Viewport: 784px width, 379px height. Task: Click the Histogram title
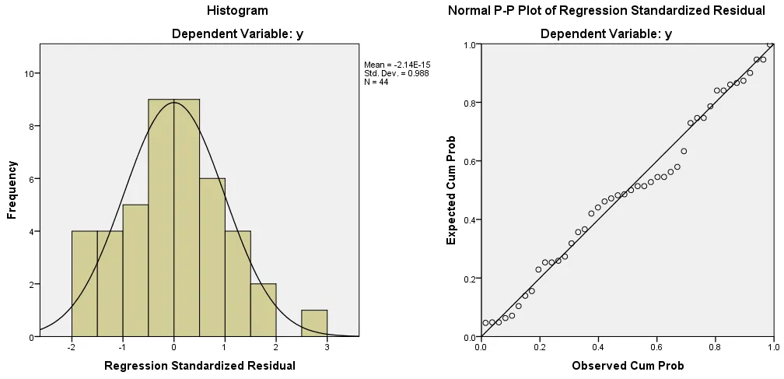click(x=237, y=11)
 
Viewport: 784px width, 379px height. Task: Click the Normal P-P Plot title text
click(x=606, y=11)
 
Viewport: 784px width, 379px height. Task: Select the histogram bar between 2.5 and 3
click(x=313, y=324)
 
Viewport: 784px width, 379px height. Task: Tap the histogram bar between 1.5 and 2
click(x=263, y=311)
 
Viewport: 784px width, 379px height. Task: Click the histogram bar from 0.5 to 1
click(x=212, y=258)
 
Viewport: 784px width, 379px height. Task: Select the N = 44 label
click(x=376, y=82)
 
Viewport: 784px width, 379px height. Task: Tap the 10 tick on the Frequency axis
click(x=26, y=74)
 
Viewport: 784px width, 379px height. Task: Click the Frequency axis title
click(x=12, y=189)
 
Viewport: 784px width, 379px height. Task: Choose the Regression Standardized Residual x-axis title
click(x=199, y=365)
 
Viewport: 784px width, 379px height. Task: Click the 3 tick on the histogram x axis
click(x=327, y=348)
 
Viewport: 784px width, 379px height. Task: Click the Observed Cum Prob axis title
click(x=628, y=365)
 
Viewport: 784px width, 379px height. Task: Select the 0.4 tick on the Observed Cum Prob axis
click(x=598, y=348)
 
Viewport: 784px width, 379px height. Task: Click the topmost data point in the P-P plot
click(x=770, y=44)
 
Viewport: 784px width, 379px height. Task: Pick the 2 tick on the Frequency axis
click(x=29, y=284)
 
